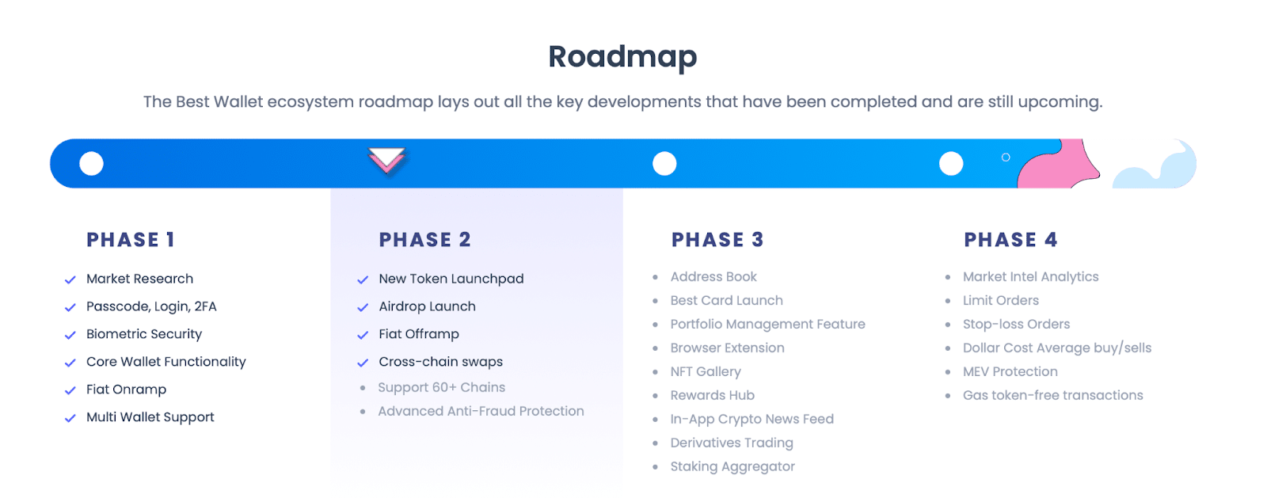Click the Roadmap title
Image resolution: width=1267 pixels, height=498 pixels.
pos(622,57)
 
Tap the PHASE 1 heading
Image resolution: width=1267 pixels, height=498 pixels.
pos(131,240)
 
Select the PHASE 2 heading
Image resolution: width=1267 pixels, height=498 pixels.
pos(424,240)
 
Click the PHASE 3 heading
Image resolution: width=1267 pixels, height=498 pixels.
pos(717,240)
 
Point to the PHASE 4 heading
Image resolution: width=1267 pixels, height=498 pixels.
pos(1010,240)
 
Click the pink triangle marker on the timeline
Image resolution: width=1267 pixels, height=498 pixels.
pos(386,159)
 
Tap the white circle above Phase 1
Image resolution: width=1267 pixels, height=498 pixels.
pos(92,164)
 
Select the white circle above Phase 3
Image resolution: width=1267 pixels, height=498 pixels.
pos(664,164)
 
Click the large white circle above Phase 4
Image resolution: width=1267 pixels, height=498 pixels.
pos(951,164)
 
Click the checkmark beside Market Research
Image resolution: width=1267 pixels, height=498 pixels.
pos(70,279)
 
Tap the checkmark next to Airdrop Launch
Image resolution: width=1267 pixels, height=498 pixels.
pos(363,307)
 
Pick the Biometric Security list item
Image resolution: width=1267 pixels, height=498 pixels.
pos(144,334)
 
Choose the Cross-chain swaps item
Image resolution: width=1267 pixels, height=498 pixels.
pos(440,362)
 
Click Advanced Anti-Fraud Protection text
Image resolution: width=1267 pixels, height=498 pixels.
pos(481,411)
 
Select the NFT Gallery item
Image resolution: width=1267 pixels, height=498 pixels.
pos(706,371)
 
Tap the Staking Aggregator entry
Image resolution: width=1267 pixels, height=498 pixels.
pos(732,466)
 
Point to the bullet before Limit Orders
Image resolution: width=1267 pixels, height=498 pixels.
pos(948,301)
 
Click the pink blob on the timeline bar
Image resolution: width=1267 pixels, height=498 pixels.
pos(1060,166)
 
